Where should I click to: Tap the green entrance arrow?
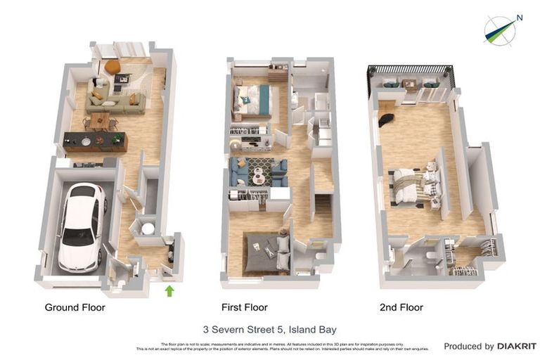[x=169, y=290]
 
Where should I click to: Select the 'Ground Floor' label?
[x=75, y=307]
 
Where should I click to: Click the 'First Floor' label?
[x=244, y=307]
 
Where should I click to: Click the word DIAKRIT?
[x=517, y=346]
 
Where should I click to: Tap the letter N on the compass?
[x=520, y=18]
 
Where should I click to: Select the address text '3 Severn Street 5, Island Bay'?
[x=269, y=328]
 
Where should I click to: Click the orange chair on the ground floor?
[x=112, y=67]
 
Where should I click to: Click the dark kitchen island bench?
[x=95, y=142]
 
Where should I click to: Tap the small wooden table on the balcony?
[x=409, y=84]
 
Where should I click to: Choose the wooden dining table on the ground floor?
[x=99, y=120]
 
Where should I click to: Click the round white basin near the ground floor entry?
[x=148, y=228]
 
